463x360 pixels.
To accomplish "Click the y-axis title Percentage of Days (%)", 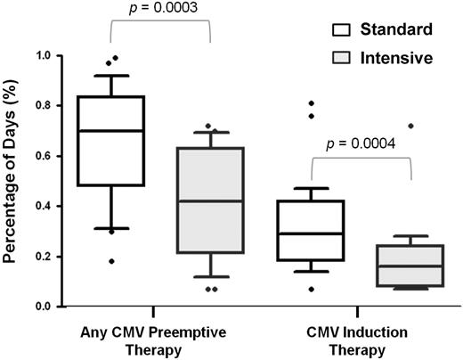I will pos(12,178).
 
